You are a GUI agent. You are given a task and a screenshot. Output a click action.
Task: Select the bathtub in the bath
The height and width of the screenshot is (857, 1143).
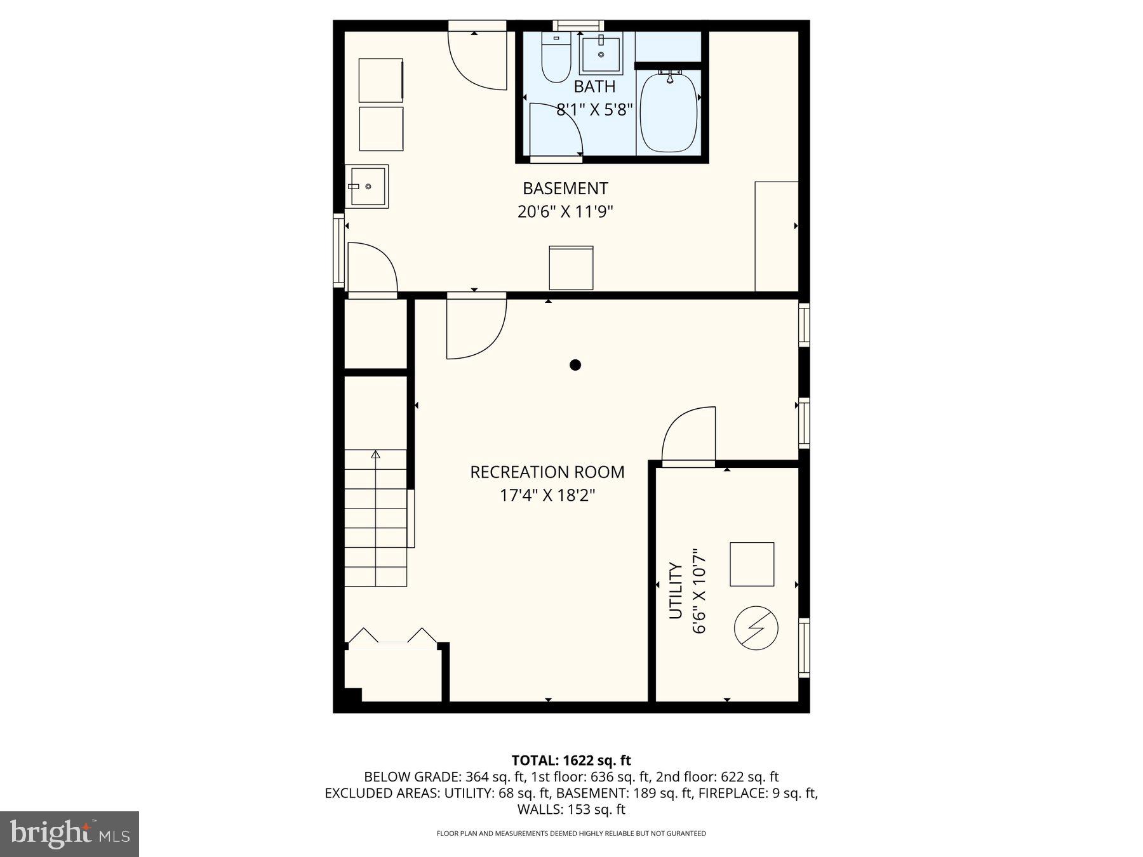click(x=668, y=113)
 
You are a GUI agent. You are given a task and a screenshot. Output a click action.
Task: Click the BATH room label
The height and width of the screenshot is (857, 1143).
click(x=594, y=86)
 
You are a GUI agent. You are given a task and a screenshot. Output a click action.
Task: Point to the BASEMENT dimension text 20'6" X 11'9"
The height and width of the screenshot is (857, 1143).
click(x=565, y=211)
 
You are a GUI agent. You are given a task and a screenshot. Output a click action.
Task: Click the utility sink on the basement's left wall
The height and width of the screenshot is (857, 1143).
click(x=367, y=187)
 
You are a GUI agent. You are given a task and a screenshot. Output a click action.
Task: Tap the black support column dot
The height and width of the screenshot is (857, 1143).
click(x=575, y=364)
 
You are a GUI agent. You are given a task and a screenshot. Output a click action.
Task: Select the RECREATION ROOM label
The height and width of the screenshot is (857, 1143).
click(x=547, y=472)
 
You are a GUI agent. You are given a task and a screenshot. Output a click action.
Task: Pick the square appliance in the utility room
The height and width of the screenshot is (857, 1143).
click(x=752, y=564)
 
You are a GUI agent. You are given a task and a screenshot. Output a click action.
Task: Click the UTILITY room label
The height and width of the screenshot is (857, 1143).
click(x=676, y=591)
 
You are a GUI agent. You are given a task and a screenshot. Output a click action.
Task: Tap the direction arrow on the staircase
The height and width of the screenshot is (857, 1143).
click(x=375, y=455)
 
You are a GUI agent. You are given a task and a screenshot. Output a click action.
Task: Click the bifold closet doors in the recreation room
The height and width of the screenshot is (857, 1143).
click(x=392, y=637)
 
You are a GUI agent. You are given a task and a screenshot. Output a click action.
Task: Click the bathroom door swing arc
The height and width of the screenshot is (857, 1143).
click(x=555, y=130)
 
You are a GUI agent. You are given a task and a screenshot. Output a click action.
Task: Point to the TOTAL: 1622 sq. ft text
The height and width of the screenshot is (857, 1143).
click(x=571, y=760)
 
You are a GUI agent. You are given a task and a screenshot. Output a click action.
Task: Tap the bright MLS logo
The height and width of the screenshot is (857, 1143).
click(x=69, y=834)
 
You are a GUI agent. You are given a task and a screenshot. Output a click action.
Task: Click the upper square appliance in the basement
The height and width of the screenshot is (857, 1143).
click(x=380, y=80)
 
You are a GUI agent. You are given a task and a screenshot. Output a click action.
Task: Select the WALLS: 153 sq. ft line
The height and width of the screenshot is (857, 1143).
click(x=571, y=809)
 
